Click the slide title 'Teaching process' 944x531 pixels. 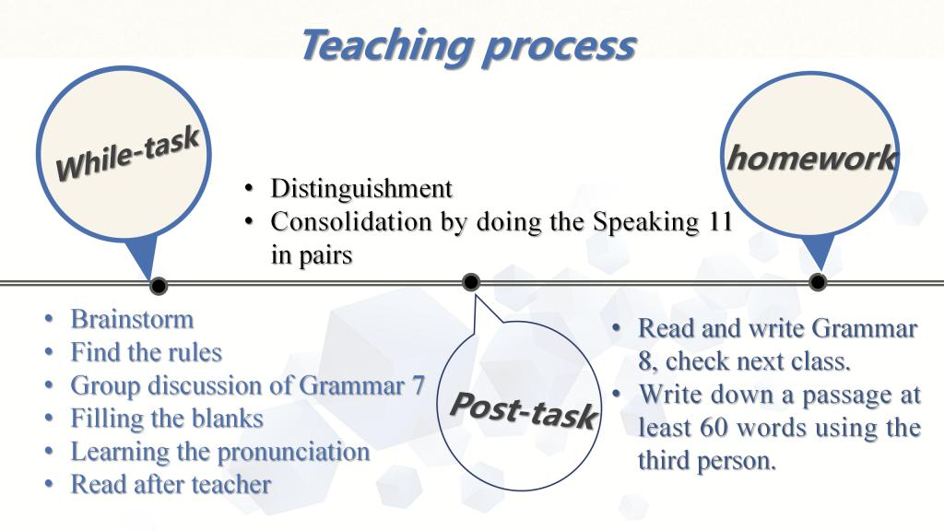(x=468, y=46)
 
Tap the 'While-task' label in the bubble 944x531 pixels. (x=127, y=155)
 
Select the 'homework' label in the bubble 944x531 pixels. (x=811, y=159)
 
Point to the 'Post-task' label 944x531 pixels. (x=524, y=410)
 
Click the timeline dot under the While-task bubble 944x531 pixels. (x=159, y=286)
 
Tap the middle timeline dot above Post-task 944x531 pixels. (x=471, y=282)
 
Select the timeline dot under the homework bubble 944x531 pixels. (x=818, y=281)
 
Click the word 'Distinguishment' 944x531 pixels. (x=361, y=188)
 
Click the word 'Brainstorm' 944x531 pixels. (x=132, y=319)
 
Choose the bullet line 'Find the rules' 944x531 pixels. (x=147, y=352)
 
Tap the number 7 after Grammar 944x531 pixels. (x=419, y=385)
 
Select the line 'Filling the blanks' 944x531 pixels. (x=167, y=419)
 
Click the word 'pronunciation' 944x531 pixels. (x=293, y=453)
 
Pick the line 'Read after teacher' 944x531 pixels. (x=171, y=485)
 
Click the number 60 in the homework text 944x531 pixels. (x=714, y=428)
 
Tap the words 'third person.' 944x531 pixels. (x=707, y=461)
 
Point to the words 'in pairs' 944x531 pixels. (x=312, y=255)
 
